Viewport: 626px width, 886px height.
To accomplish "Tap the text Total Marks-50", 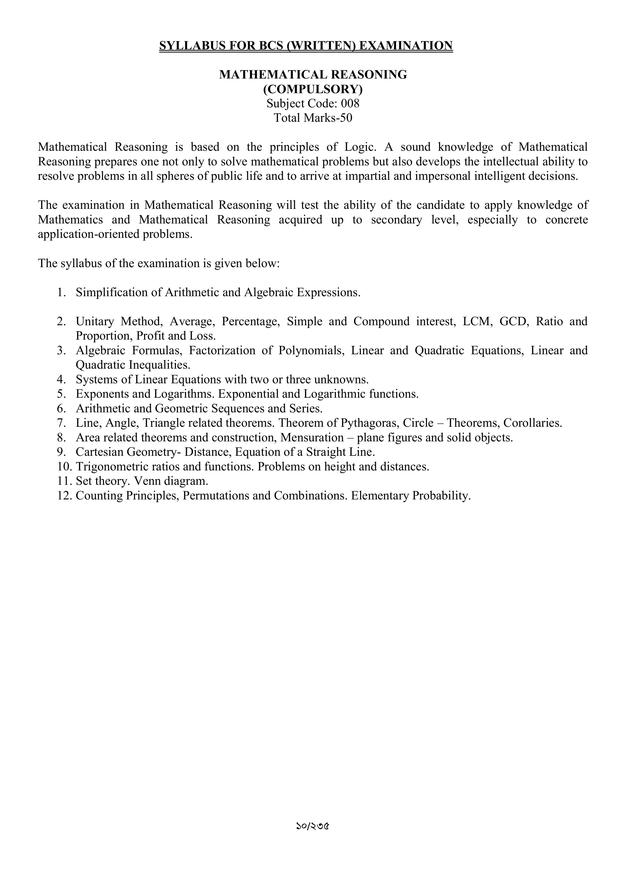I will tap(313, 118).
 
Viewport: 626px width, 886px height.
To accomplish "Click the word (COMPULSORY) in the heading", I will tap(313, 89).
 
